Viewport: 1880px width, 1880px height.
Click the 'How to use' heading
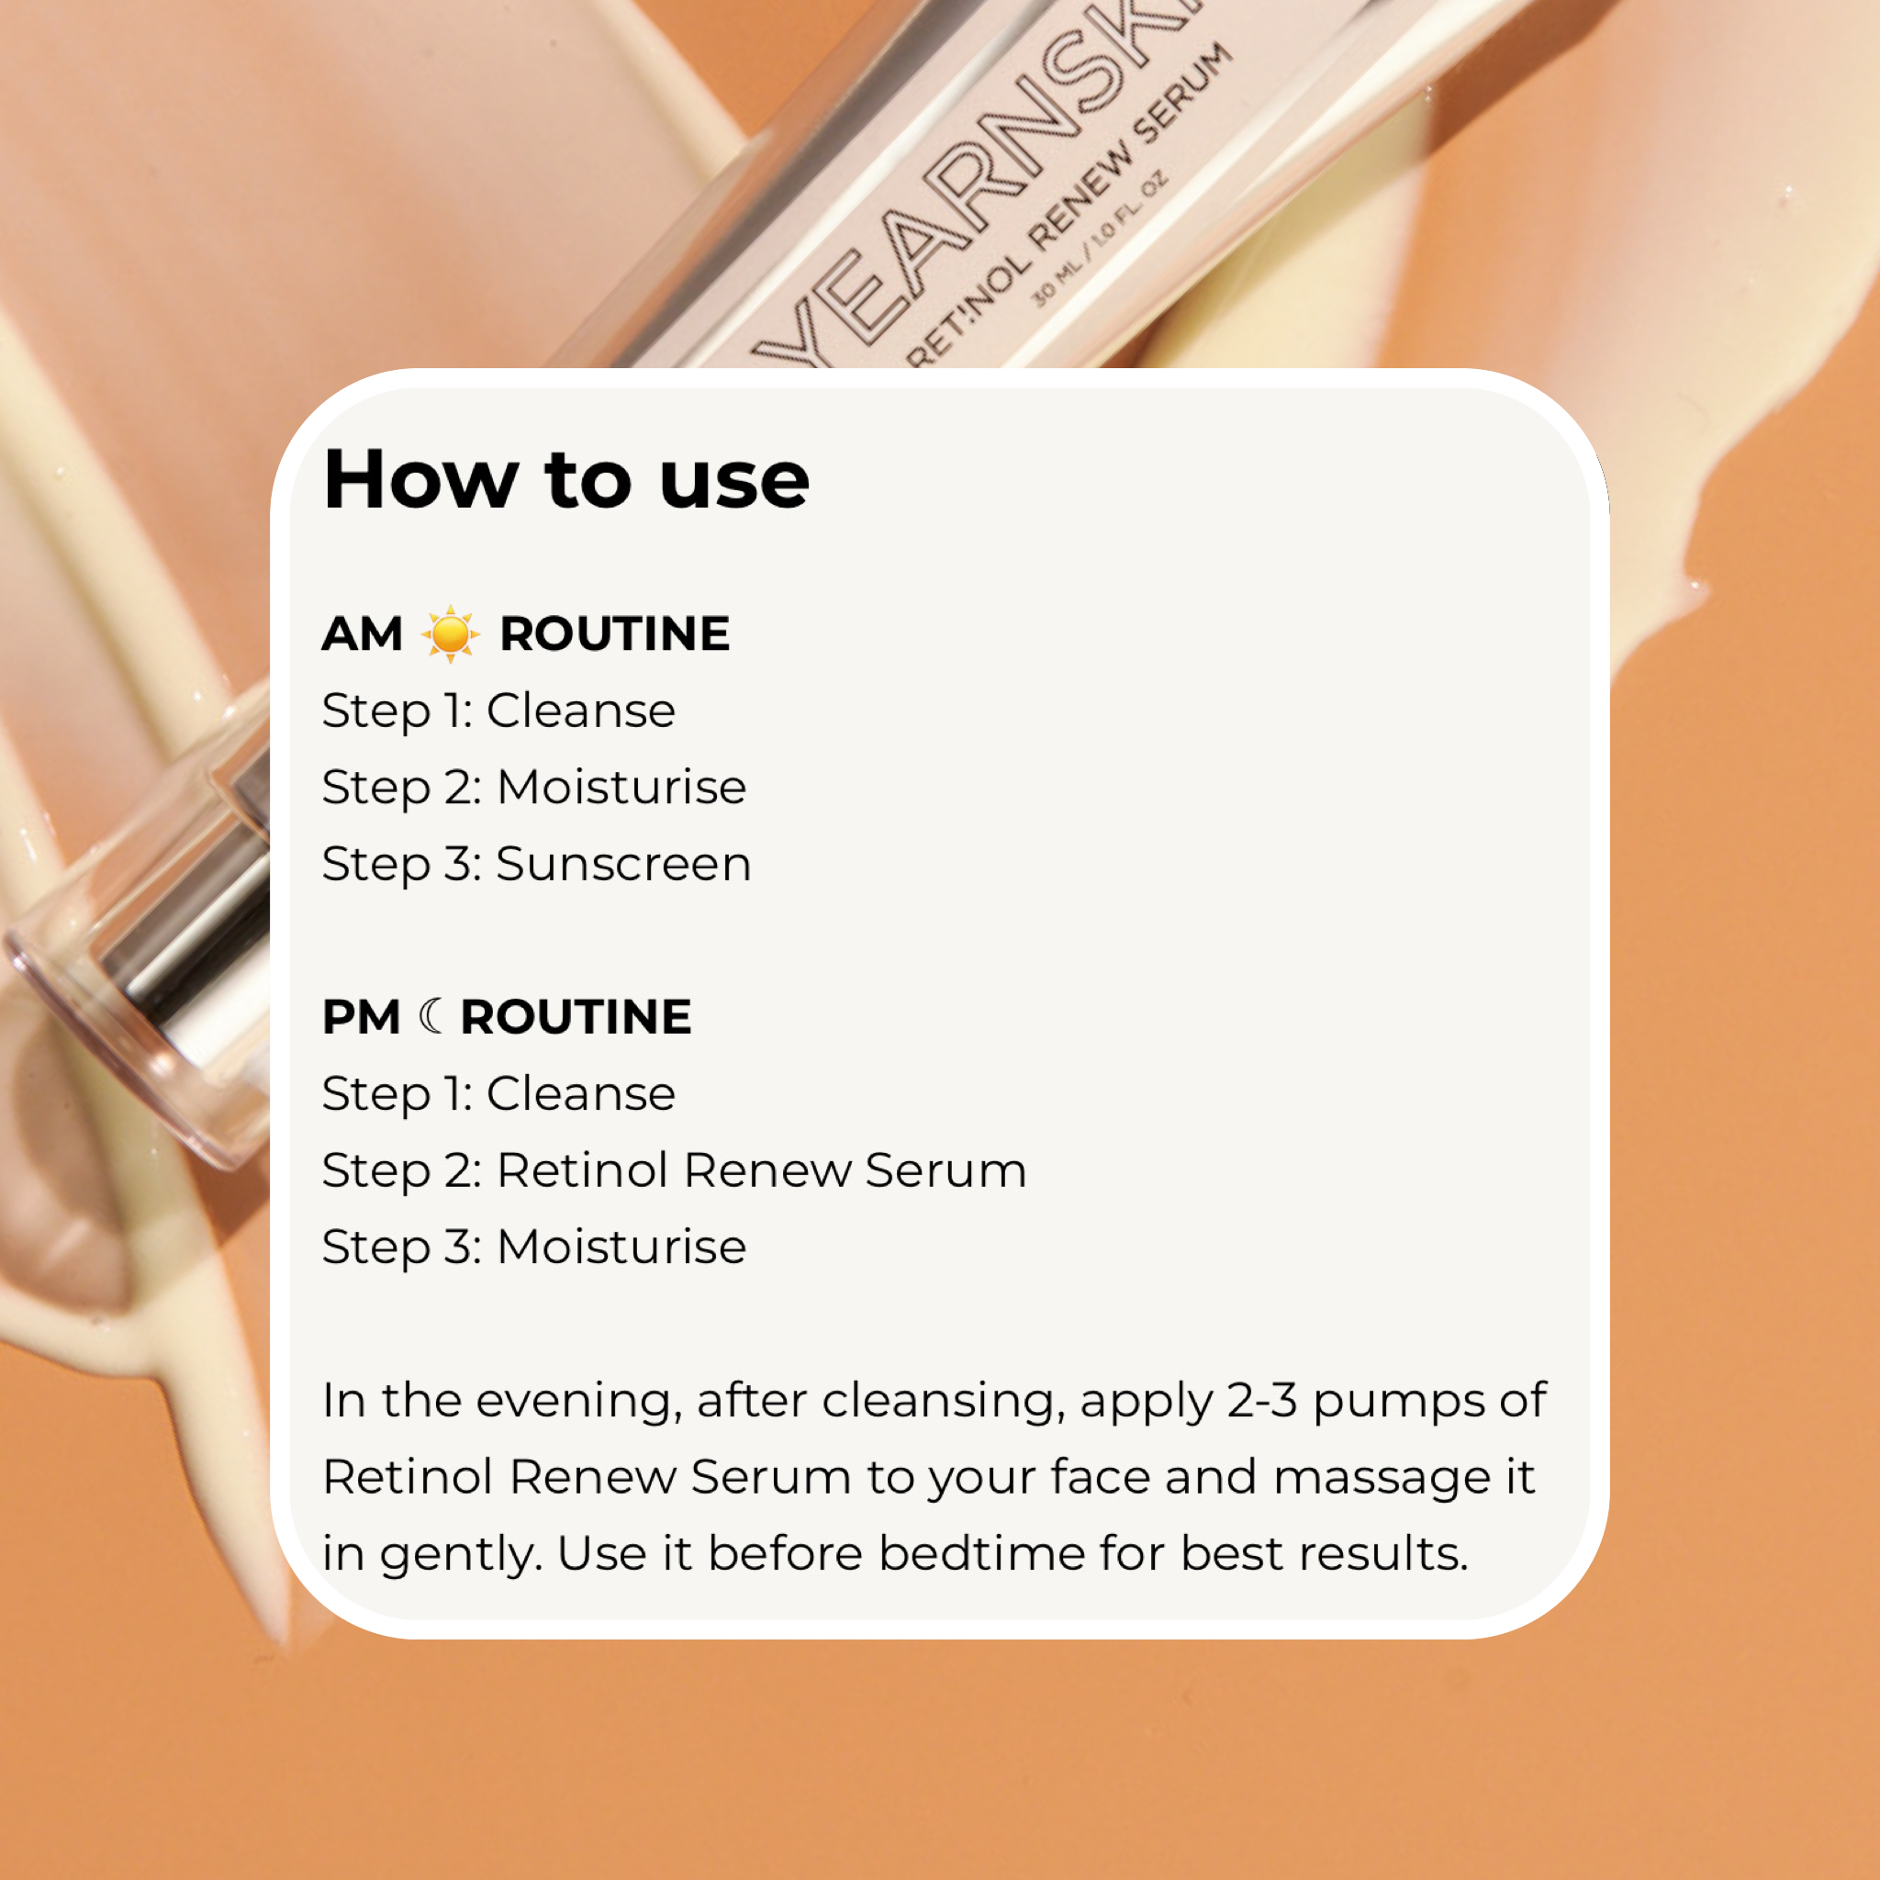(x=565, y=480)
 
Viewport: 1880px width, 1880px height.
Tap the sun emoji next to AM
(x=450, y=634)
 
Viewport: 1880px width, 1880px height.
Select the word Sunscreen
(x=622, y=864)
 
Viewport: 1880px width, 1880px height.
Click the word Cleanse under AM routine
(x=580, y=711)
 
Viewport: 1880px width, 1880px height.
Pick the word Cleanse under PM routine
(x=580, y=1093)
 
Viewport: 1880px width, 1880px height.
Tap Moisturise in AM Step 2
(x=621, y=788)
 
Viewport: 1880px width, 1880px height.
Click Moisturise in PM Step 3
(x=621, y=1248)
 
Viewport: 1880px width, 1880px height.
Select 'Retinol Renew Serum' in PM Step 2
(x=761, y=1170)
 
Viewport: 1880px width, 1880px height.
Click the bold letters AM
(x=362, y=634)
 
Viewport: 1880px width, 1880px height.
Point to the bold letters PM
(x=361, y=1018)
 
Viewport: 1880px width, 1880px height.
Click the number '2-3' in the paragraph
(x=1261, y=1401)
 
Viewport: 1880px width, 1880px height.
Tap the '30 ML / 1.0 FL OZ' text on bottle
(x=1100, y=239)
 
